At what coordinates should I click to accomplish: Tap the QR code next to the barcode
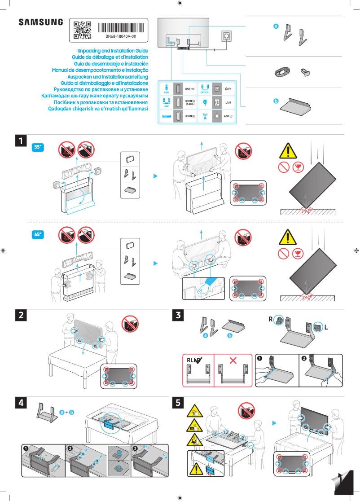click(82, 29)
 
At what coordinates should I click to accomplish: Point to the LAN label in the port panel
click(228, 102)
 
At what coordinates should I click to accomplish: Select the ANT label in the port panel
click(228, 116)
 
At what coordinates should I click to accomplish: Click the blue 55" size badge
click(39, 147)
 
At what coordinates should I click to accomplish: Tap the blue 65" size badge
click(39, 234)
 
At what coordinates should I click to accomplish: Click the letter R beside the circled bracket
click(271, 320)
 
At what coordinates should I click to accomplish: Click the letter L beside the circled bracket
click(326, 327)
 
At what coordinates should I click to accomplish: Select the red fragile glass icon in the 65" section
click(297, 254)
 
